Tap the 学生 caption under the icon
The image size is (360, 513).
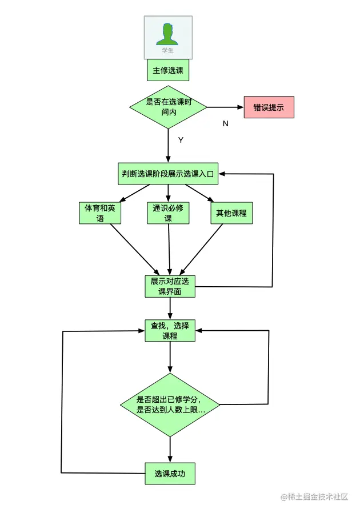click(x=167, y=51)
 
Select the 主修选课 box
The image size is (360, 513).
click(x=168, y=71)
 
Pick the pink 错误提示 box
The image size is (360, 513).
click(x=269, y=107)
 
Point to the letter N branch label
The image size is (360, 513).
click(x=225, y=124)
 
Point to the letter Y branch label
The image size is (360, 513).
click(x=181, y=140)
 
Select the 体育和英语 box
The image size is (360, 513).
click(x=100, y=213)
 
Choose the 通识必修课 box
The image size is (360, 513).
click(x=168, y=213)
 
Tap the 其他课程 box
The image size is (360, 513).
click(x=231, y=213)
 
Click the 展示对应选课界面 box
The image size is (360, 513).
click(x=170, y=286)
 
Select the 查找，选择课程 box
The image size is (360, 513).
click(x=170, y=331)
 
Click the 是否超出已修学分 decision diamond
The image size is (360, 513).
click(x=170, y=405)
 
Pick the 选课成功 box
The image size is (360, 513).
click(x=170, y=474)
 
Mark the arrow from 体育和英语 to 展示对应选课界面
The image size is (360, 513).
click(x=135, y=249)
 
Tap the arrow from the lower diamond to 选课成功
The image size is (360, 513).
click(x=170, y=449)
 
